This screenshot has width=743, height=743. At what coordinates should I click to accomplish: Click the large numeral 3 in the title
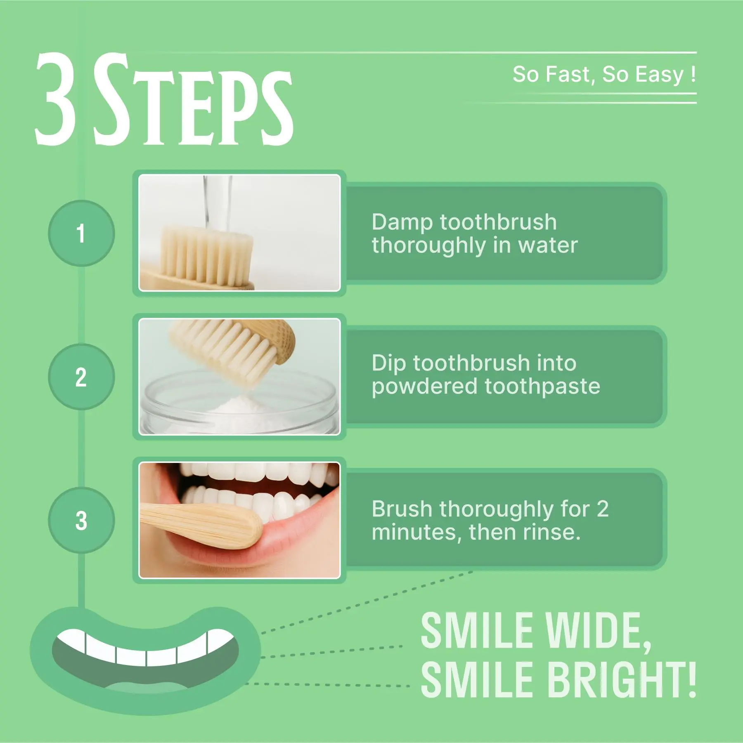click(56, 99)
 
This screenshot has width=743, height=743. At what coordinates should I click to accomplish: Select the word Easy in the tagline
click(659, 75)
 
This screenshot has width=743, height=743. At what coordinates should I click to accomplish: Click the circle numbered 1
click(81, 233)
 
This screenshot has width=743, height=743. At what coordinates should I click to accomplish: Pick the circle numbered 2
click(81, 377)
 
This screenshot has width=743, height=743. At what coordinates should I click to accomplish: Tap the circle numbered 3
click(81, 520)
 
